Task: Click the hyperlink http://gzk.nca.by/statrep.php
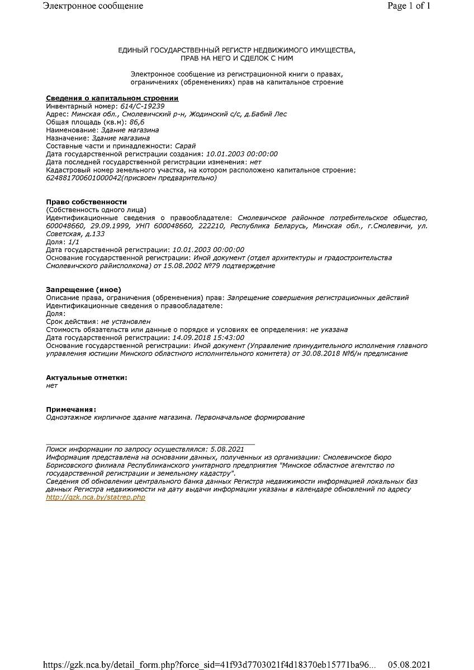96,497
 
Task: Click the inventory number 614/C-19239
142,106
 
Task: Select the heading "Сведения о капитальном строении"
112,98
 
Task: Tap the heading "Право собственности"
86,202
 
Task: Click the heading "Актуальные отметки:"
86,377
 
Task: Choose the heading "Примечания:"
71,409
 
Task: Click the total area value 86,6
137,122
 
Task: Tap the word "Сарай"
185,146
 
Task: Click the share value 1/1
74,242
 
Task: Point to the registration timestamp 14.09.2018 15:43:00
208,338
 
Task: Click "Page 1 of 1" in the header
409,6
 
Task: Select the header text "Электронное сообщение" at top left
93,6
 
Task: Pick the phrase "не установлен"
125,322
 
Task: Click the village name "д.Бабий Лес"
267,114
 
